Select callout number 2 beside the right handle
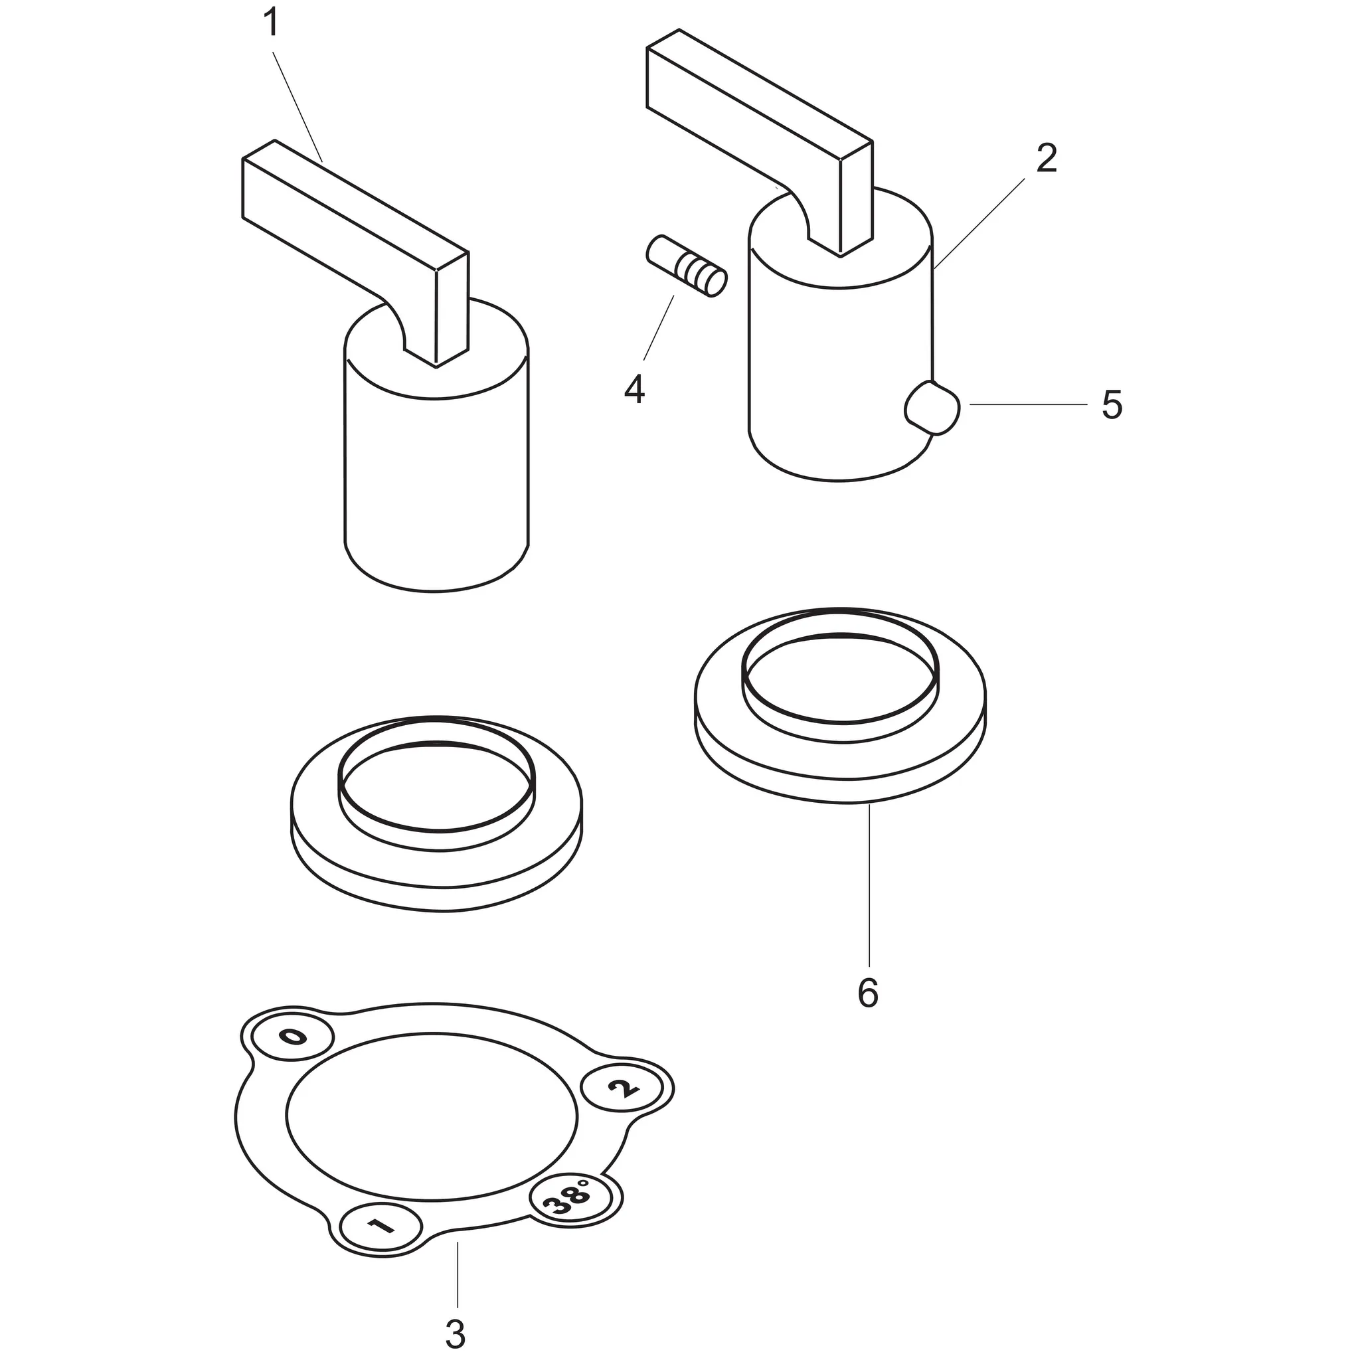(1047, 159)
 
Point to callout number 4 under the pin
(634, 389)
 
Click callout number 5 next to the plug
(1112, 406)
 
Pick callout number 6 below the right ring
(868, 993)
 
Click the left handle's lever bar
(345, 211)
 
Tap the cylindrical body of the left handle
(436, 479)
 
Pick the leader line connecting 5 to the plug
(1028, 405)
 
